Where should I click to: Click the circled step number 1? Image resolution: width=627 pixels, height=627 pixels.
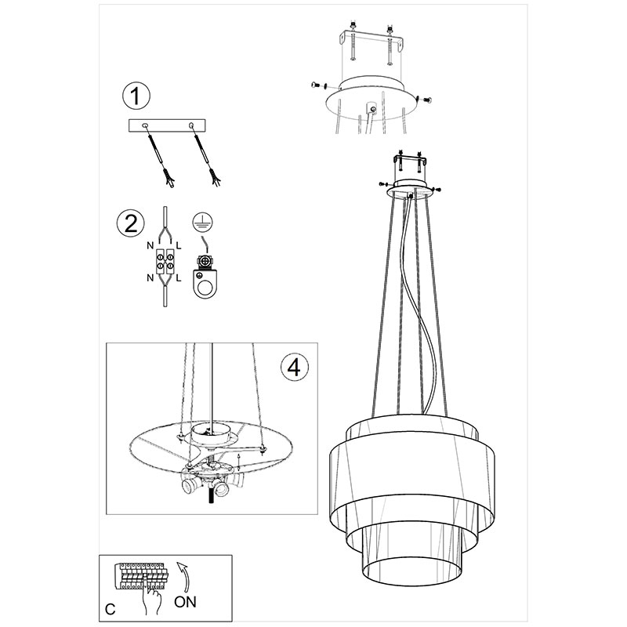136,96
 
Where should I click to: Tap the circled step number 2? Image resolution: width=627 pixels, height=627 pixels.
131,223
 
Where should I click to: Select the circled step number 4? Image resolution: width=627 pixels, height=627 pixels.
294,367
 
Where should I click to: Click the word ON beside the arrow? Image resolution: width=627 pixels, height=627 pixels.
185,601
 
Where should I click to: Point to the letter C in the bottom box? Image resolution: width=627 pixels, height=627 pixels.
111,609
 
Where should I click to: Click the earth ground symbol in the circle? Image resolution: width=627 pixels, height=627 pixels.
203,222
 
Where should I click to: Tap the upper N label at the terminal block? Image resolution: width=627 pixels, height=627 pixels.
150,245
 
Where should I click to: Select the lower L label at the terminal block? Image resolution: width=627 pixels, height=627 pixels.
179,277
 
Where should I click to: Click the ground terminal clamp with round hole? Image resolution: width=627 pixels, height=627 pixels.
205,277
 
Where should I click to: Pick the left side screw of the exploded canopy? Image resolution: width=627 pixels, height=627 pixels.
318,85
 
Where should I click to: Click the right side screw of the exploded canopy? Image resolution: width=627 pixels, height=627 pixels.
425,99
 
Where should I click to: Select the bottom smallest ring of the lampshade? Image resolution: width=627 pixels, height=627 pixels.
414,563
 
